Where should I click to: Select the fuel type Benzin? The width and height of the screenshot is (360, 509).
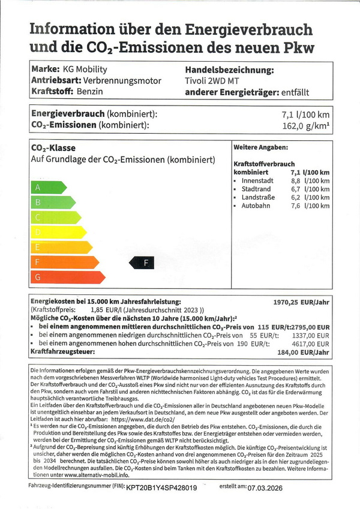[x=90, y=91]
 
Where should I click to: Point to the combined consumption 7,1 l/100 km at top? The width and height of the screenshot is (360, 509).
[x=305, y=114]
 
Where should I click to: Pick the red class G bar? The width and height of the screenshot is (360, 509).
[x=66, y=277]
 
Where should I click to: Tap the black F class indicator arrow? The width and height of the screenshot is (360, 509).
[x=142, y=262]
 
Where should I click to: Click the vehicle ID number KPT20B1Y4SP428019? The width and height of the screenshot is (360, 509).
[x=161, y=488]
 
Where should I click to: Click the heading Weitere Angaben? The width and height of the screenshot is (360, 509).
[x=260, y=147]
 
